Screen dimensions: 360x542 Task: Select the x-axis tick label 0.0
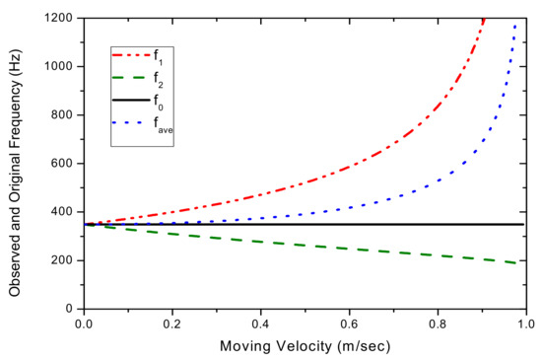[85, 324]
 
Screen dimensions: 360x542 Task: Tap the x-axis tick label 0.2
[172, 324]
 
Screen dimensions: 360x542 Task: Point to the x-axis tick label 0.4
[261, 324]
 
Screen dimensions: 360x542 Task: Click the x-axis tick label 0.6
[350, 324]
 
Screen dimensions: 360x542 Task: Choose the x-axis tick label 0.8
[438, 324]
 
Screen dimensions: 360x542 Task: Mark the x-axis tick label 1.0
[526, 324]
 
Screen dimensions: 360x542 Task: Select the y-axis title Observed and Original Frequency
[16, 163]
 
